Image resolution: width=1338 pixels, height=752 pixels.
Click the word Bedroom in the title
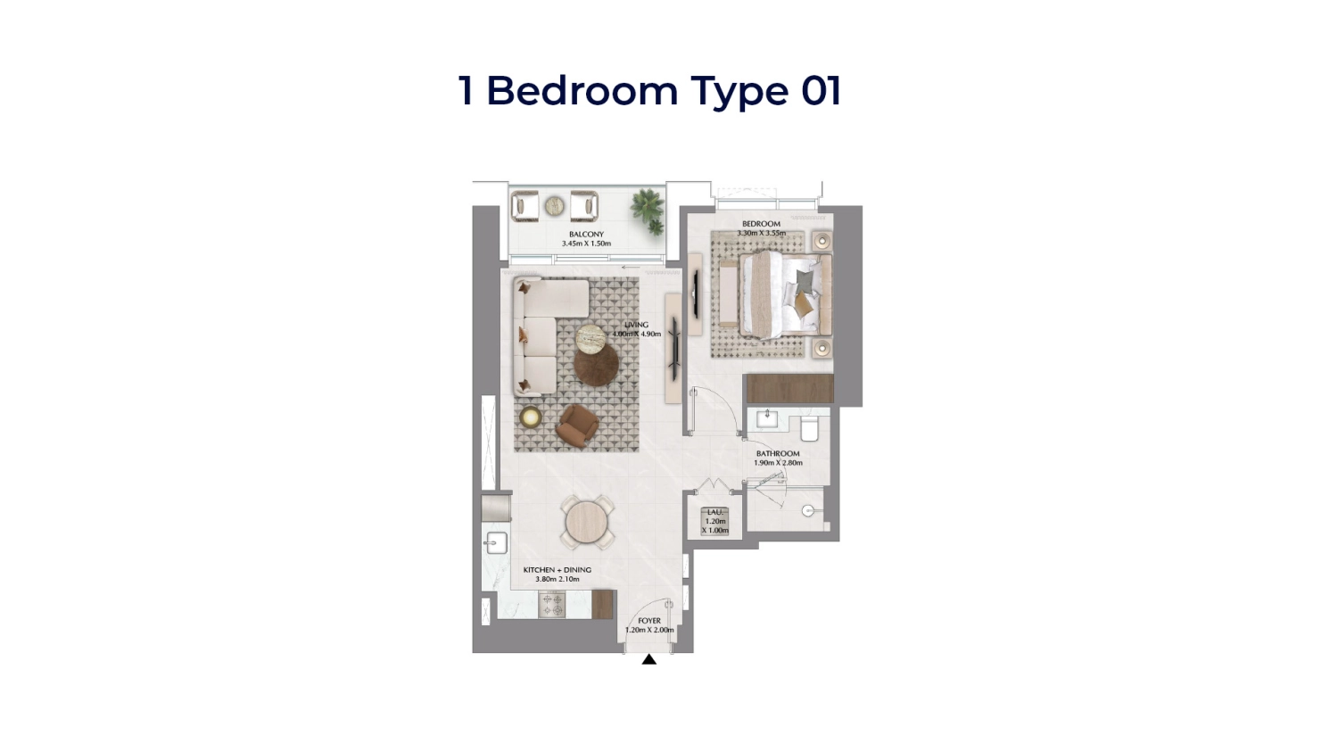[x=582, y=91]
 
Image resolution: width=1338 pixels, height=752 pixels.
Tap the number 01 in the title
[x=821, y=91]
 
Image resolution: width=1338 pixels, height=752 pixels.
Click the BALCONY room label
[x=586, y=235]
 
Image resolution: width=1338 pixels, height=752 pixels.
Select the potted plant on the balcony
[x=648, y=210]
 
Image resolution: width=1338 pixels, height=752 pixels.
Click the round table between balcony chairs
[x=555, y=206]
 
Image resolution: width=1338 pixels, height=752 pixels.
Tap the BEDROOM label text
[x=761, y=224]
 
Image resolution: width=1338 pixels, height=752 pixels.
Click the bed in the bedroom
[x=783, y=295]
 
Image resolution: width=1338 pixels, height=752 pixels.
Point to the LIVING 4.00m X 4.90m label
[x=636, y=329]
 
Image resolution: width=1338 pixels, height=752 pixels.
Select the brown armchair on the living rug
[x=577, y=425]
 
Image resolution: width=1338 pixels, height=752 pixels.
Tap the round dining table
[x=587, y=523]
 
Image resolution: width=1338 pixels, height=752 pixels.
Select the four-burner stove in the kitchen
[x=552, y=605]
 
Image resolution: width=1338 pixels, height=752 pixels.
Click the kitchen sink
[x=495, y=542]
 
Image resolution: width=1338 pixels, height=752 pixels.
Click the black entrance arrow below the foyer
[x=649, y=660]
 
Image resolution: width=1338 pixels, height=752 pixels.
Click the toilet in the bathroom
[x=810, y=429]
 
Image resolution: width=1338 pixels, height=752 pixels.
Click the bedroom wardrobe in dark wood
[x=789, y=389]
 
